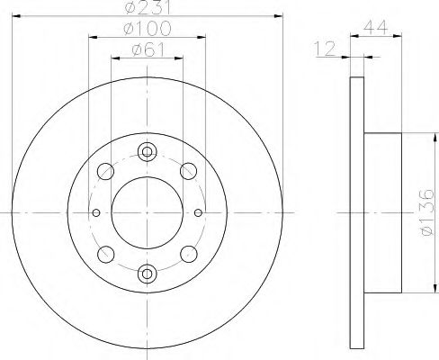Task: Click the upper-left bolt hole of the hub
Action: pos(105,170)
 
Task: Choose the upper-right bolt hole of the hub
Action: pos(188,170)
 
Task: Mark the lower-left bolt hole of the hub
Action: pos(105,254)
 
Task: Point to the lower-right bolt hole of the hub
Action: pos(188,254)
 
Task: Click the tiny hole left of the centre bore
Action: pos(96,212)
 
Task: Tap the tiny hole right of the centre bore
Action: pos(197,212)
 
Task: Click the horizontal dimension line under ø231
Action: pos(147,17)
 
